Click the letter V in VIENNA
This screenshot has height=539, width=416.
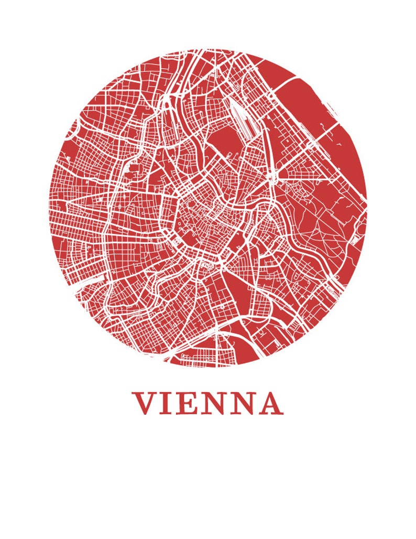click(146, 403)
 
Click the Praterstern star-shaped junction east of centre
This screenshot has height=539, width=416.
click(272, 177)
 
